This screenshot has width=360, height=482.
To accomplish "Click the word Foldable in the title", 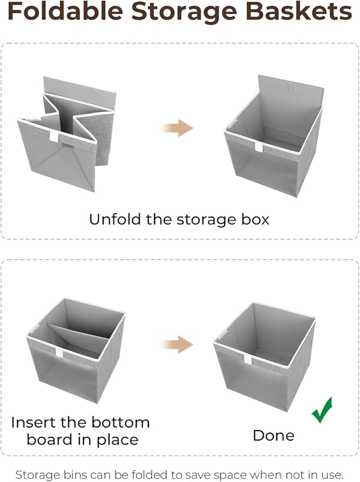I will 65,12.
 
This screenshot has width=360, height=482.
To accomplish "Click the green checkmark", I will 322,410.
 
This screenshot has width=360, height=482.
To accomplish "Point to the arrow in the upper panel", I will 176,129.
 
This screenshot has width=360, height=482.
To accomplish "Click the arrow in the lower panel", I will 176,345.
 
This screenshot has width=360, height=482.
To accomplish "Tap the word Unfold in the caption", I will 114,219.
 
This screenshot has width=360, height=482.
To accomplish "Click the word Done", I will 273,436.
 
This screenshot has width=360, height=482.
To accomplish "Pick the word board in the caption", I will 52,440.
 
